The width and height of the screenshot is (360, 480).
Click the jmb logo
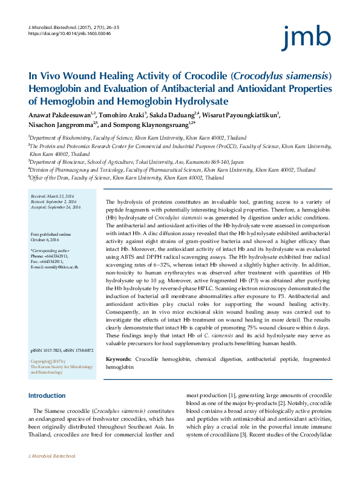(x=306, y=37)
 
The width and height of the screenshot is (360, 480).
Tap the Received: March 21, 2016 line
(x=53, y=196)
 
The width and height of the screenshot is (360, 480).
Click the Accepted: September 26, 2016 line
(x=55, y=207)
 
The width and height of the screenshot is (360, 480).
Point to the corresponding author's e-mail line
(x=54, y=267)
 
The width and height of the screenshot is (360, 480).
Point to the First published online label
(x=51, y=234)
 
